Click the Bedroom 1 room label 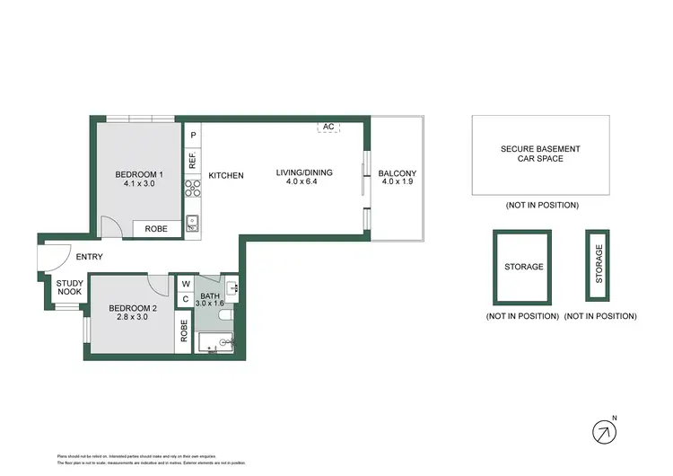pos(139,174)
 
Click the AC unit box pos(328,128)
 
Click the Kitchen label pos(226,175)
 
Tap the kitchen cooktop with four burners pos(192,188)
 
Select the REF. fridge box pos(192,161)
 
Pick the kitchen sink pos(192,223)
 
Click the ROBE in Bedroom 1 pos(156,229)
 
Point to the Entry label pos(89,257)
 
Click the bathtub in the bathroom pos(215,341)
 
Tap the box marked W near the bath pos(186,285)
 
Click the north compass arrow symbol pos(605,432)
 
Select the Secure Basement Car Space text pos(540,154)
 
